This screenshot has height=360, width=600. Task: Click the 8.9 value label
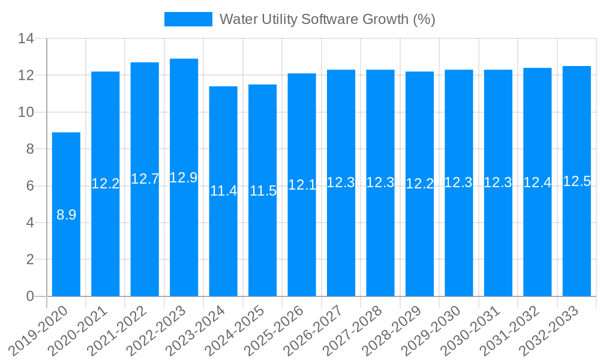coord(66,215)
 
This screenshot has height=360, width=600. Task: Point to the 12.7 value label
coord(145,179)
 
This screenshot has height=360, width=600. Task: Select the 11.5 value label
coord(263,191)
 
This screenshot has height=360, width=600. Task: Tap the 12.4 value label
coord(537,182)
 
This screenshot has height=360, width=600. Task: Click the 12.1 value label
coord(302,185)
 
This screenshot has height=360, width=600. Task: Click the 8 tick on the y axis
coord(30,149)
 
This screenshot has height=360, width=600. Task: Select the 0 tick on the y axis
coord(30,296)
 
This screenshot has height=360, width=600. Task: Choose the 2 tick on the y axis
coord(30,260)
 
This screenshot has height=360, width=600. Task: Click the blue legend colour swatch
coord(188,19)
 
